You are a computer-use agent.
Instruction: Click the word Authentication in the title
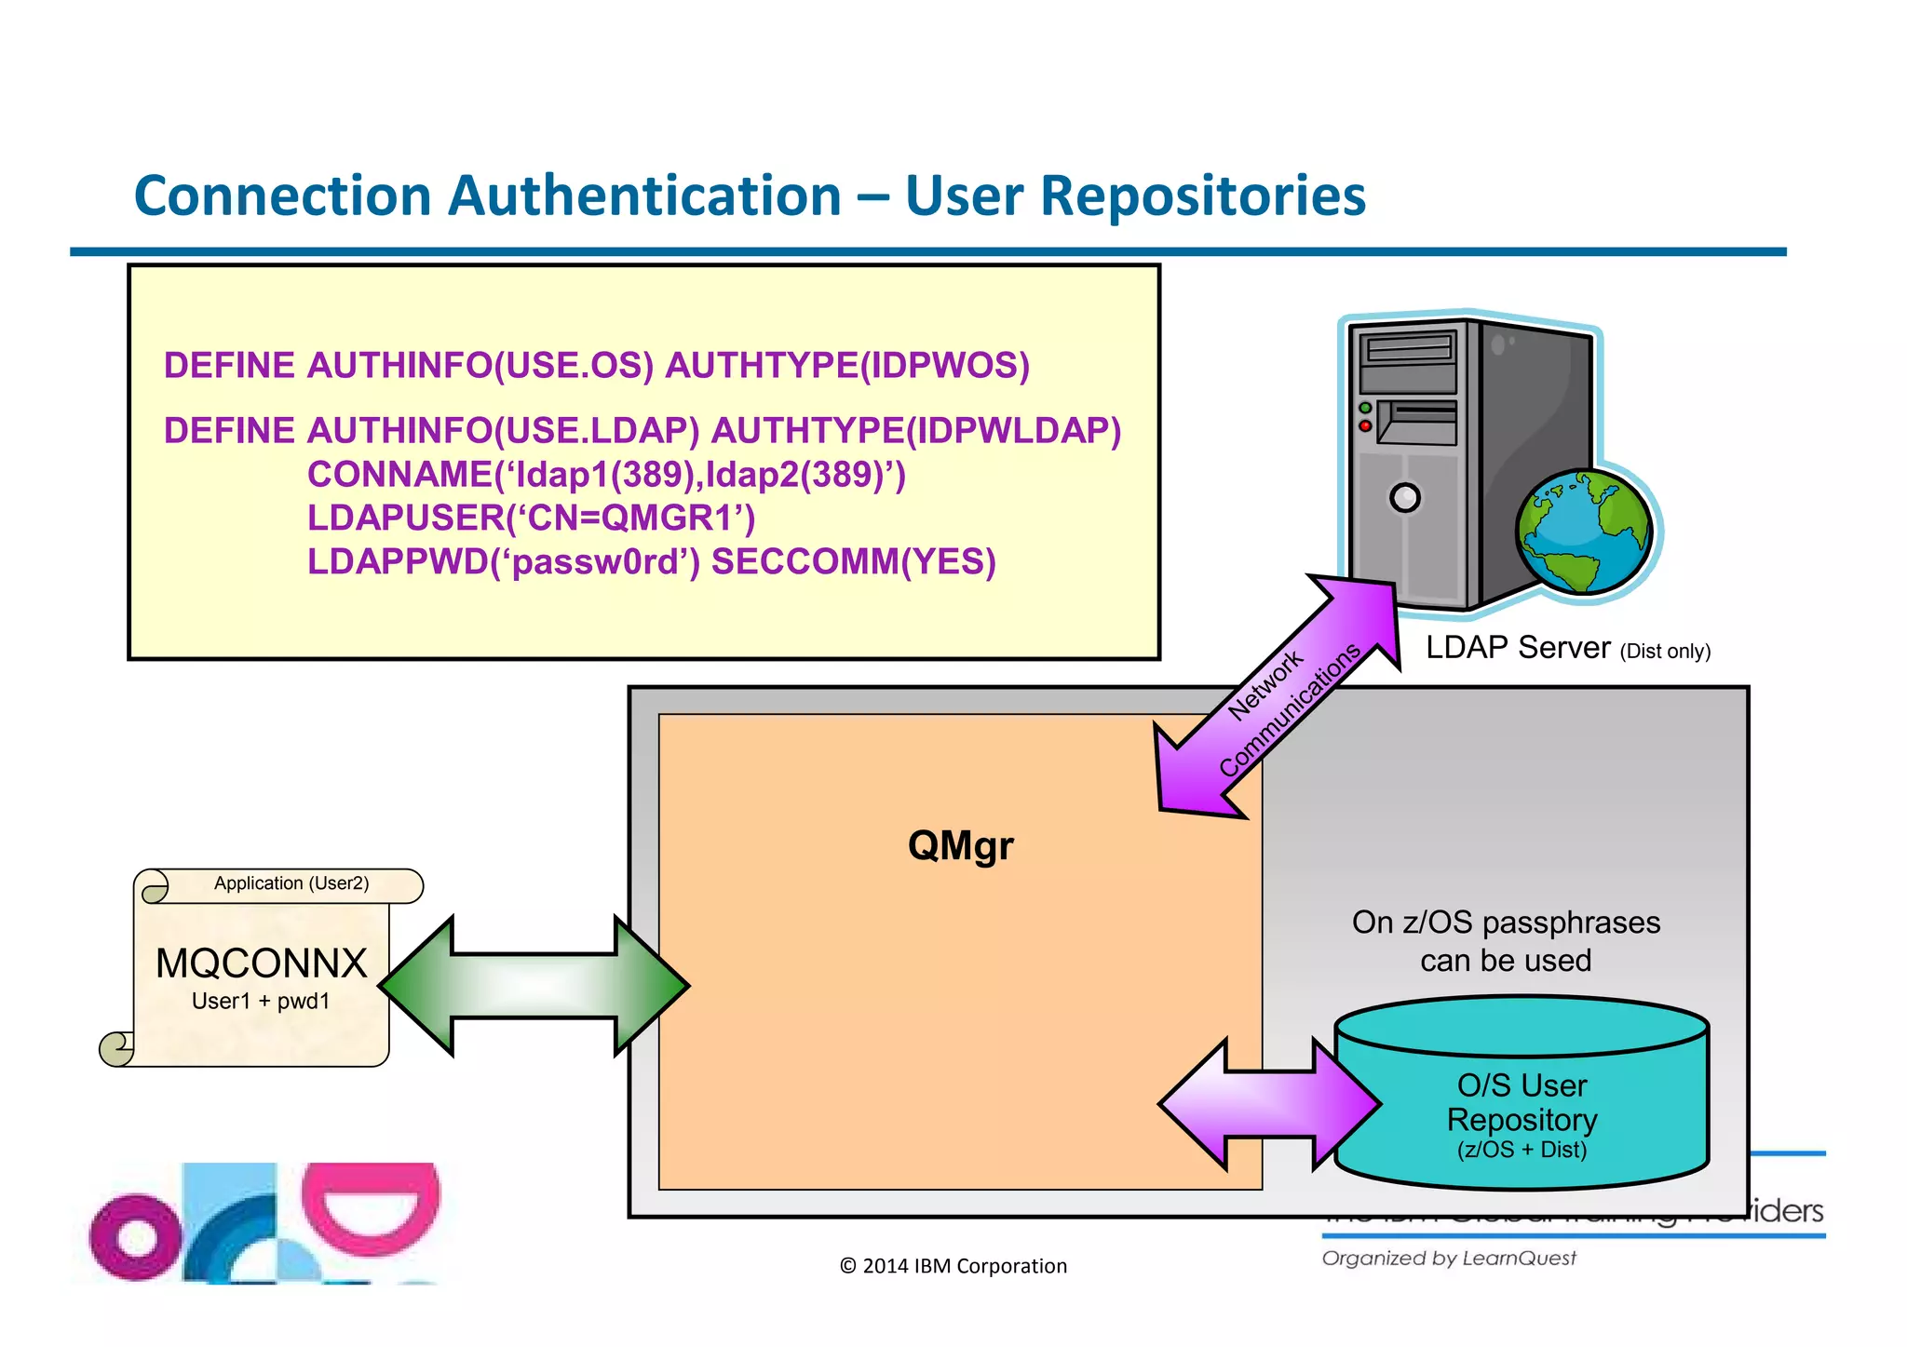[x=644, y=197]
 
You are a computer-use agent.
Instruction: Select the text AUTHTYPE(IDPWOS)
[x=846, y=366]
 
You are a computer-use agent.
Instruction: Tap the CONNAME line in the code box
[x=606, y=475]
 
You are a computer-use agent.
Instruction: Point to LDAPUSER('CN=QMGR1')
[x=531, y=519]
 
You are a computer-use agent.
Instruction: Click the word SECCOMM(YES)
[x=853, y=562]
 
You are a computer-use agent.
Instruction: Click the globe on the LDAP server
[x=1584, y=532]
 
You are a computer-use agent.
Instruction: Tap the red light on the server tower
[x=1365, y=426]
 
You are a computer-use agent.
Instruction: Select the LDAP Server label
[x=1517, y=648]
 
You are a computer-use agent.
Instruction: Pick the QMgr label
[x=960, y=846]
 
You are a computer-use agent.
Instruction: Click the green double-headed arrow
[x=534, y=986]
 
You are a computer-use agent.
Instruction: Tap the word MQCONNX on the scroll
[x=262, y=963]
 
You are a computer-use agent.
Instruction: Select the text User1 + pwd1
[x=261, y=1002]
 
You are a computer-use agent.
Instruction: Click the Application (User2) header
[x=291, y=883]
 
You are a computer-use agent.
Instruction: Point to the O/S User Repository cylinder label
[x=1522, y=1104]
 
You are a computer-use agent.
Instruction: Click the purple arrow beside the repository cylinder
[x=1268, y=1105]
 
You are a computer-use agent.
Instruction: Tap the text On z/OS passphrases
[x=1506, y=923]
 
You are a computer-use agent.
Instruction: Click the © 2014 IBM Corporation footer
[x=953, y=1266]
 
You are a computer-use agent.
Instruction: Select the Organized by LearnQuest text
[x=1449, y=1259]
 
